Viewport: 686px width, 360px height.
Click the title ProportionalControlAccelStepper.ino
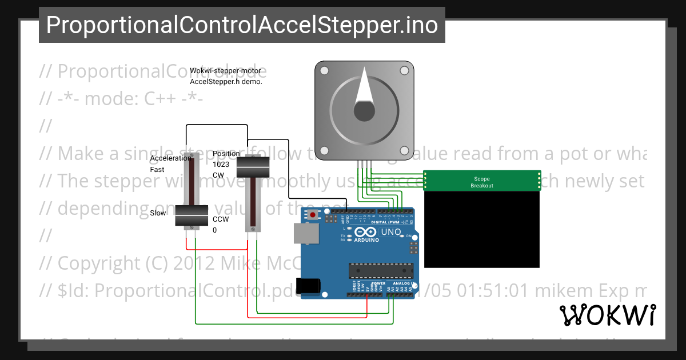[242, 25]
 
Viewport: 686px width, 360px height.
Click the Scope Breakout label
[482, 182]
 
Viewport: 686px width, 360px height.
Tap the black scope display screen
[482, 229]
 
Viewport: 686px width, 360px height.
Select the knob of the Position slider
[253, 166]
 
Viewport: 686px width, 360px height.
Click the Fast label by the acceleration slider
[157, 170]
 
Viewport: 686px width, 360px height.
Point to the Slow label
[158, 213]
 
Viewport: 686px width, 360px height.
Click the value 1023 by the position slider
[221, 164]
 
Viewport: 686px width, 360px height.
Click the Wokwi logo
[607, 315]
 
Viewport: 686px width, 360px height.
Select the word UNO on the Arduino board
[390, 231]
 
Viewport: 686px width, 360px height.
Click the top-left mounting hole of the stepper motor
[324, 70]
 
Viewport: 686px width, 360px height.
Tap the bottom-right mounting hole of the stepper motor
[404, 150]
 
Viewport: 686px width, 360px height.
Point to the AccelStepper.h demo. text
[226, 82]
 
